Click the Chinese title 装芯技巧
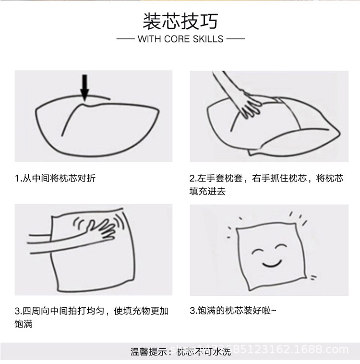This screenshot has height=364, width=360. [180, 22]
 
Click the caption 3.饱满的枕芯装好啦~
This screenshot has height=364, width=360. [233, 311]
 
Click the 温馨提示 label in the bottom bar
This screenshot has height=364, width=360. [149, 352]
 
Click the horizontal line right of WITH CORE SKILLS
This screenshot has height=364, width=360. [235, 39]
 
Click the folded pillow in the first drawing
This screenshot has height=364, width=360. [91, 127]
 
